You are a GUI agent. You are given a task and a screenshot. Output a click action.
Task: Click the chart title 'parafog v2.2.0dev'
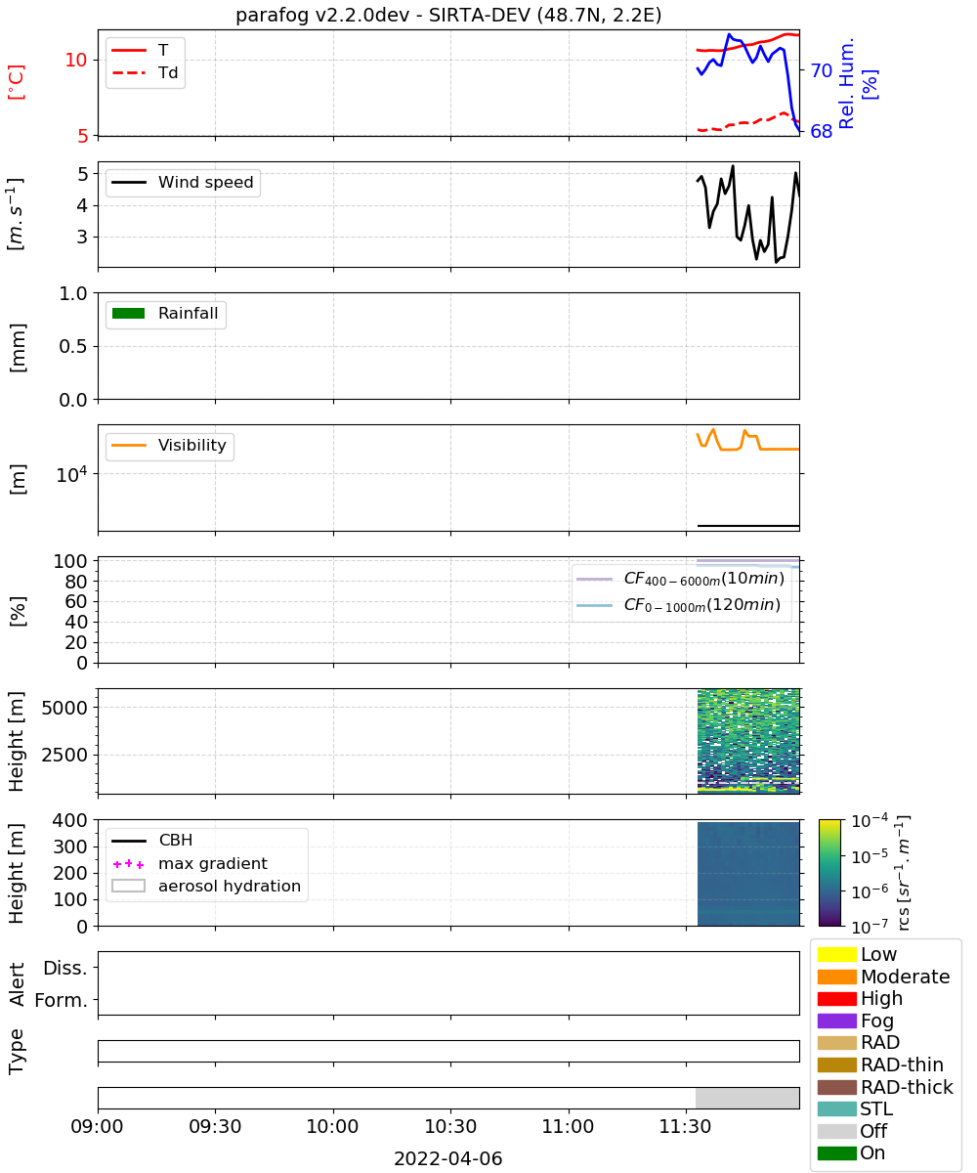pos(322,16)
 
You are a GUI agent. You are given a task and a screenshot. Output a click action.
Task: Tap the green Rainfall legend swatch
pos(129,313)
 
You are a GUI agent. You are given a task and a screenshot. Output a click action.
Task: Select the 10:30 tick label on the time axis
pos(450,1126)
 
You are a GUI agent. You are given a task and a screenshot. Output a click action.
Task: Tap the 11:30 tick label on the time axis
pos(686,1126)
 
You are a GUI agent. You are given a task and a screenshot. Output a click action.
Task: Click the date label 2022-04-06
pos(448,1158)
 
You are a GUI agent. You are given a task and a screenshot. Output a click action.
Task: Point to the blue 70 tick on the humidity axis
pos(821,70)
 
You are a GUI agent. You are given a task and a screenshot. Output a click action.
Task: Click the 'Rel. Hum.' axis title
pos(846,83)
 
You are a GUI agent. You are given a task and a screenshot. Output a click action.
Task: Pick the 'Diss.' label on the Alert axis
pos(65,968)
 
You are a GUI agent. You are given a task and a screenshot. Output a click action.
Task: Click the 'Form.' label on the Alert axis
pos(62,1000)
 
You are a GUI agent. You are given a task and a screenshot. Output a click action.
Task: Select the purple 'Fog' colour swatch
pos(836,1021)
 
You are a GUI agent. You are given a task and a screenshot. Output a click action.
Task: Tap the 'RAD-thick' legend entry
pos(885,1087)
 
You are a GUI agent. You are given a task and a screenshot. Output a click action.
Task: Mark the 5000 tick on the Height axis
pos(64,708)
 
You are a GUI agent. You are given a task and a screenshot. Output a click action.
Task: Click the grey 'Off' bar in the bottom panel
pos(746,1099)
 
